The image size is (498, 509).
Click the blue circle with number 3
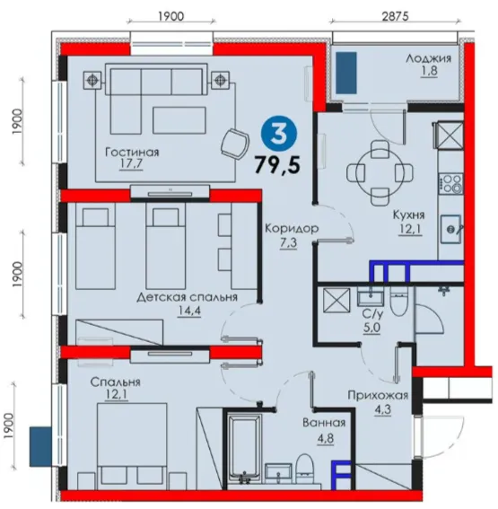click(x=279, y=135)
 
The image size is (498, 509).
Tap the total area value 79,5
click(x=277, y=164)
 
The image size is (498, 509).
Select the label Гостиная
click(x=133, y=153)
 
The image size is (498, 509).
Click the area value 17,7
click(x=131, y=164)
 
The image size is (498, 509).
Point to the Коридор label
click(x=292, y=229)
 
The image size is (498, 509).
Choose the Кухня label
click(x=408, y=215)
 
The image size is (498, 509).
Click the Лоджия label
click(x=428, y=58)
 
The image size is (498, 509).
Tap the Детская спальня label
click(x=188, y=297)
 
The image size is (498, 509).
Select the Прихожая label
click(x=378, y=395)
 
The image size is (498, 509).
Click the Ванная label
click(x=324, y=423)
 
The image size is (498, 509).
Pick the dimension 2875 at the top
click(x=395, y=16)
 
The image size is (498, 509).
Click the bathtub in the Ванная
click(x=245, y=450)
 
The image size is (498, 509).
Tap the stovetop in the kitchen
click(x=451, y=184)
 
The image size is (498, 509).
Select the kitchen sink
click(x=451, y=230)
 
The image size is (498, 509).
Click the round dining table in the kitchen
click(x=380, y=173)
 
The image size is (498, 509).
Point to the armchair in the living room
click(x=235, y=145)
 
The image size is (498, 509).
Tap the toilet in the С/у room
click(x=399, y=301)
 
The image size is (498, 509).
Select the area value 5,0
click(x=371, y=328)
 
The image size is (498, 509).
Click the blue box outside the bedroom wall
click(x=41, y=447)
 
